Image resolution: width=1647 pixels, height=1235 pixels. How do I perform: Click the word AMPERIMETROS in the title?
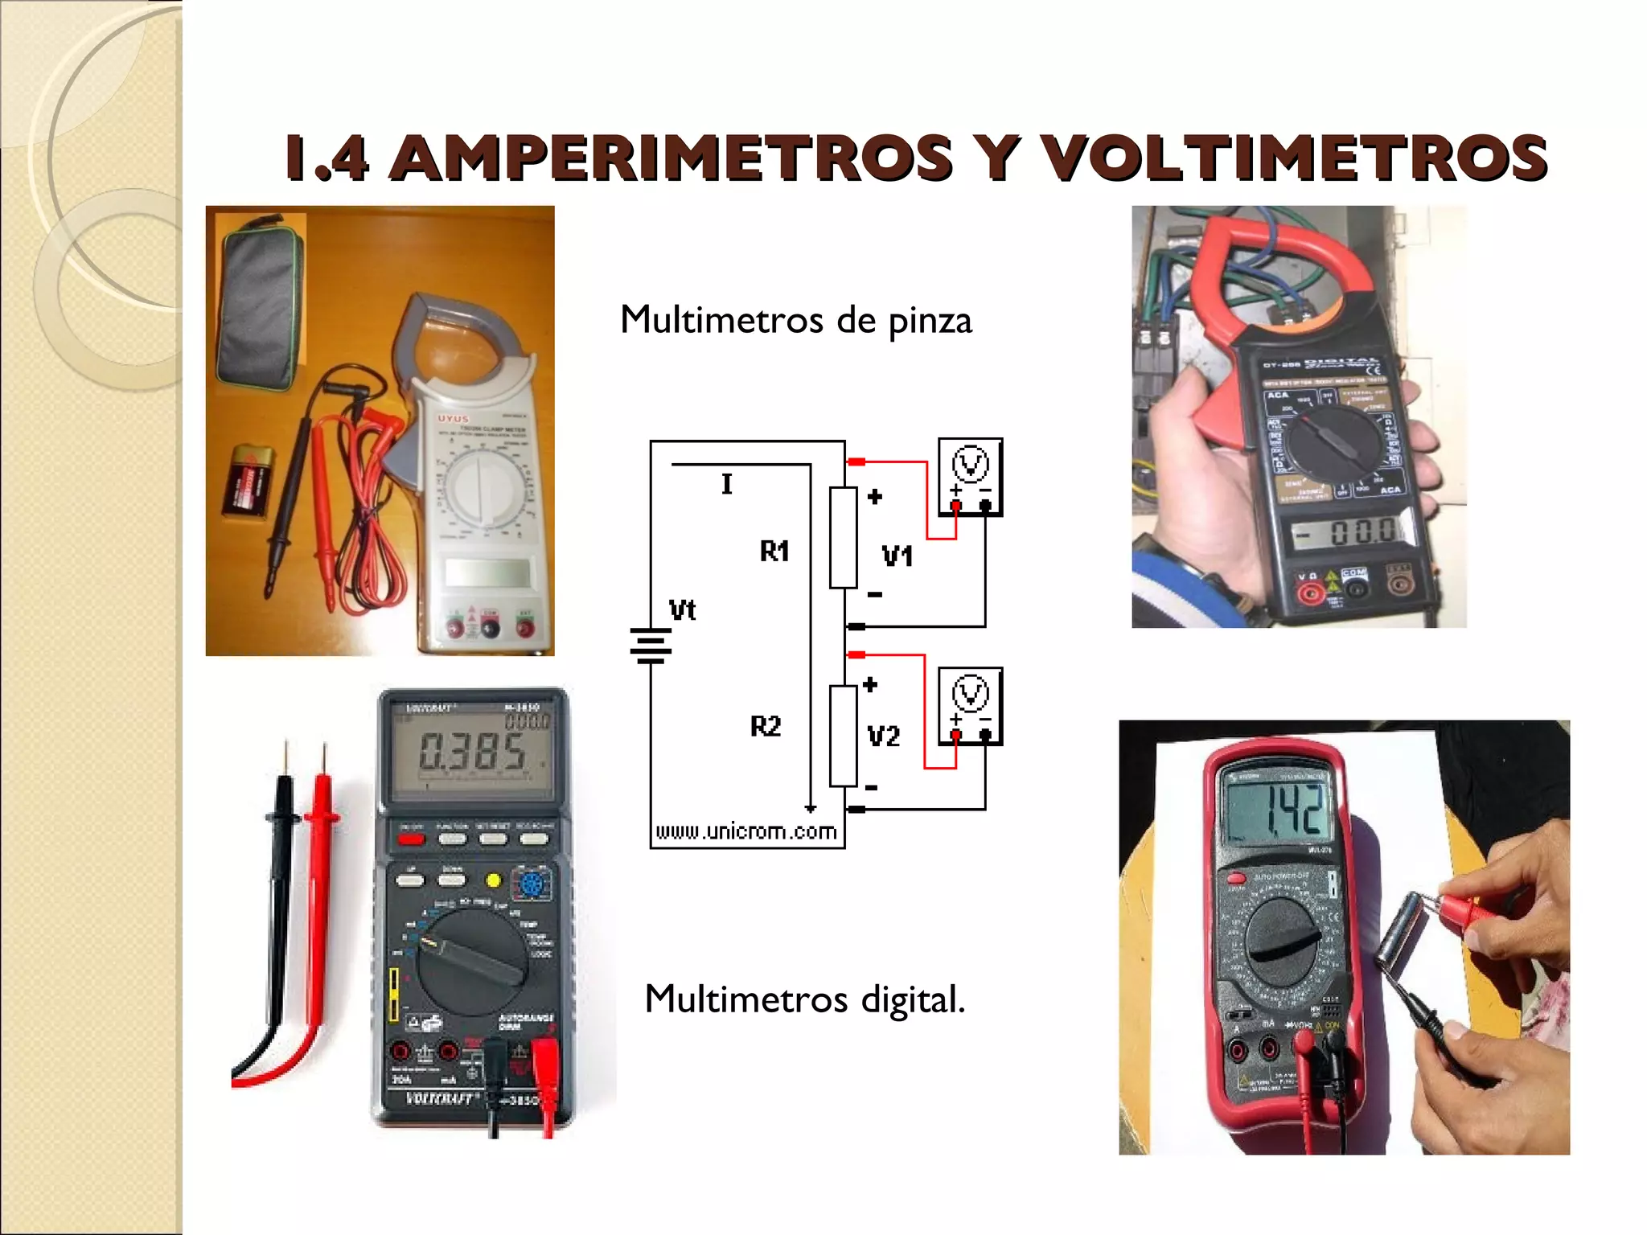[672, 158]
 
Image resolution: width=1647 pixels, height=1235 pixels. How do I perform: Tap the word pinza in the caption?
[930, 322]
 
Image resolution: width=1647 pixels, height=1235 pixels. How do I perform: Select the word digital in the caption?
[912, 1000]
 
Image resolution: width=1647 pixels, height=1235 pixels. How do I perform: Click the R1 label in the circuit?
[774, 552]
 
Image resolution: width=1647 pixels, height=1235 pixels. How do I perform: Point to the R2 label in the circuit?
[766, 727]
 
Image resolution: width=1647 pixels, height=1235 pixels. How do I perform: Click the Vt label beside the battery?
[682, 610]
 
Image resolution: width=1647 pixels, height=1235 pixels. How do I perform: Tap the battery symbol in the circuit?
[651, 646]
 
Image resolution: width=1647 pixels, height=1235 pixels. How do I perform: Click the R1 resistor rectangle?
[843, 537]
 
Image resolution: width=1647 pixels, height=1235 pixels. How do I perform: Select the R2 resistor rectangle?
[843, 736]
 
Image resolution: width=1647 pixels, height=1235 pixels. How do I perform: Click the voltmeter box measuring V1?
[970, 477]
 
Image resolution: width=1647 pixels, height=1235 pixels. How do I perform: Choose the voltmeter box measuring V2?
[970, 706]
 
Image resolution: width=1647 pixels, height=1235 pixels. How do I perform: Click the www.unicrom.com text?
[745, 831]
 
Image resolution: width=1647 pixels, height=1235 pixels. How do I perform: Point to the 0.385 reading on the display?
[472, 753]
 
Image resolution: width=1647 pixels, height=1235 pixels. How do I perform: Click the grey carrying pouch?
[259, 304]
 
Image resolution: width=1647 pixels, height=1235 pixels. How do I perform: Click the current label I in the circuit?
[727, 484]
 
